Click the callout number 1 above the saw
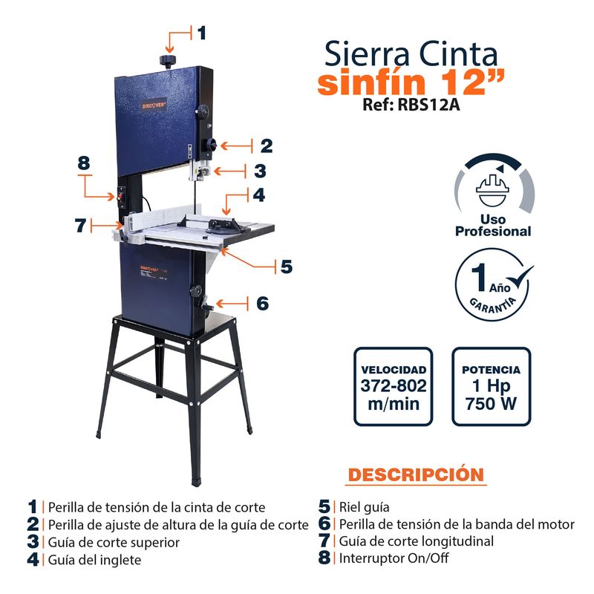pyautogui.click(x=201, y=33)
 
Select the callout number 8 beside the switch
pyautogui.click(x=84, y=163)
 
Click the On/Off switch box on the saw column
pyautogui.click(x=122, y=197)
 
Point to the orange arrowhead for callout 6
pyautogui.click(x=219, y=304)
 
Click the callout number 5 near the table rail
pyautogui.click(x=287, y=267)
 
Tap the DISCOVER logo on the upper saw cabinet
pyautogui.click(x=154, y=105)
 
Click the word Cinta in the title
pyautogui.click(x=458, y=54)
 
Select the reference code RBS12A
pyautogui.click(x=429, y=104)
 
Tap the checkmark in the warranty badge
pyautogui.click(x=519, y=279)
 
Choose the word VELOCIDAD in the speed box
pyautogui.click(x=394, y=370)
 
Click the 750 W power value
pyautogui.click(x=491, y=403)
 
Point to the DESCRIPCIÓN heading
pyautogui.click(x=416, y=474)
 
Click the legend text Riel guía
pyautogui.click(x=364, y=507)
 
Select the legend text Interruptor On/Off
pyautogui.click(x=394, y=558)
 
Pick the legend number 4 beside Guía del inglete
pyautogui.click(x=33, y=560)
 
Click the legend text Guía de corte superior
pyautogui.click(x=114, y=543)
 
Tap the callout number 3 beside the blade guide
pyautogui.click(x=260, y=171)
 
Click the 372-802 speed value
pyautogui.click(x=394, y=385)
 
